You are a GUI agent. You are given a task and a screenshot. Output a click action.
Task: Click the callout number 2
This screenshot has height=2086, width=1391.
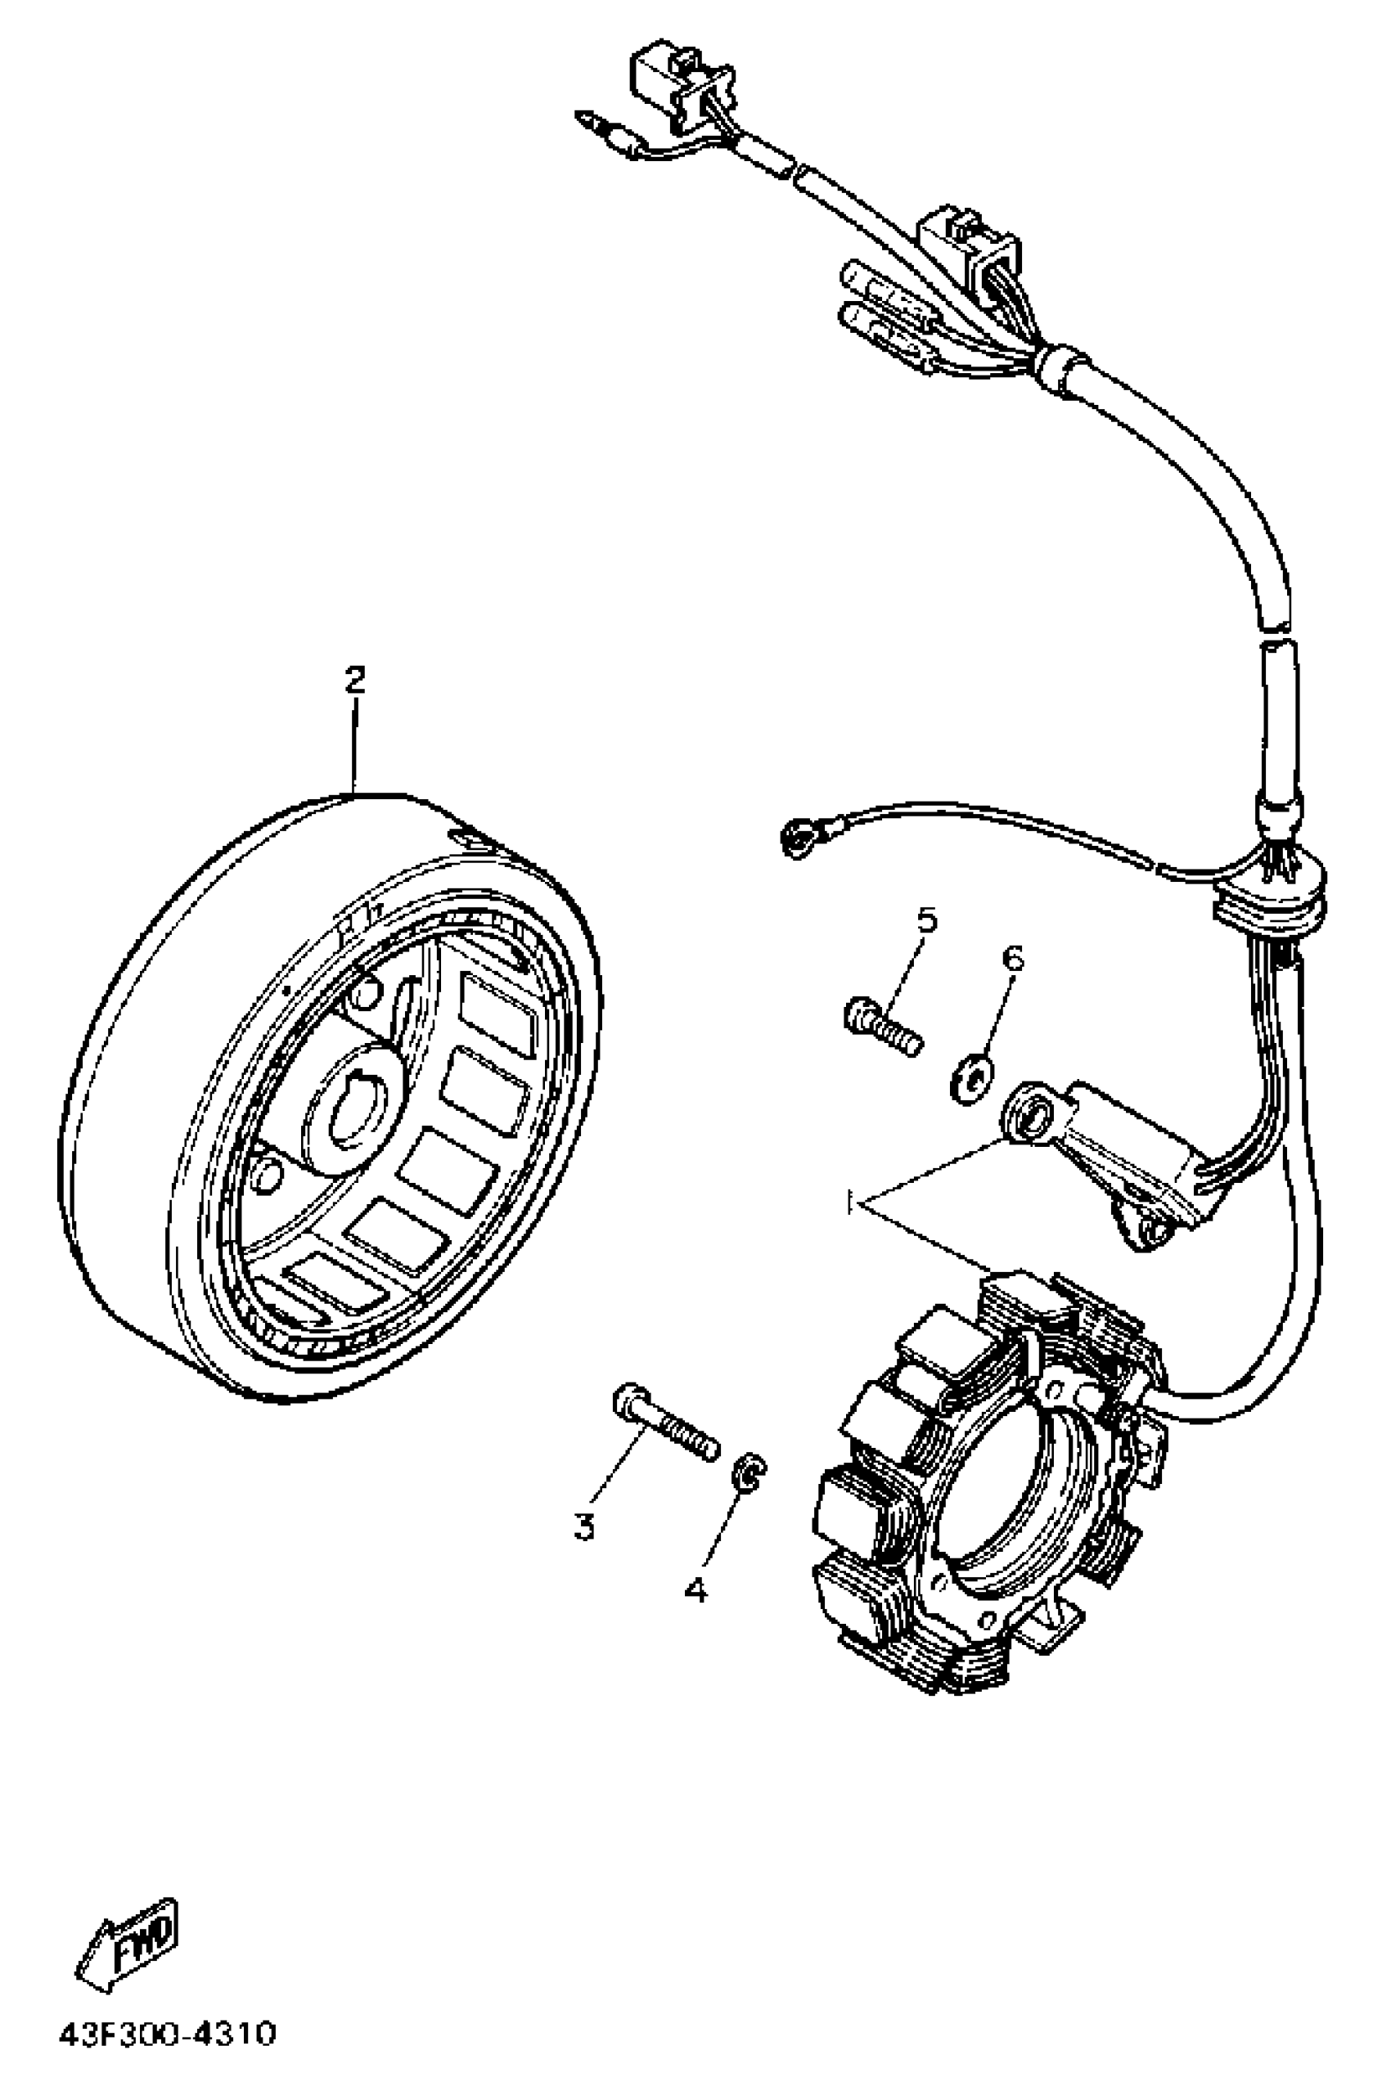click(x=354, y=681)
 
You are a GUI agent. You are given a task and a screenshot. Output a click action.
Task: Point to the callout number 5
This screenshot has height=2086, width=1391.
click(x=926, y=919)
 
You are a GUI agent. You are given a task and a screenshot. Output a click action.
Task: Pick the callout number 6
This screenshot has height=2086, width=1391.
click(x=1012, y=958)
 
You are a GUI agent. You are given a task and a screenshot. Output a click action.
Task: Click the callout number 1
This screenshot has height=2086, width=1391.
click(x=850, y=1204)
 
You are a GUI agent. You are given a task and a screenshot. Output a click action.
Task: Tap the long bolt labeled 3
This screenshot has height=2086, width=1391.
click(x=665, y=1430)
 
